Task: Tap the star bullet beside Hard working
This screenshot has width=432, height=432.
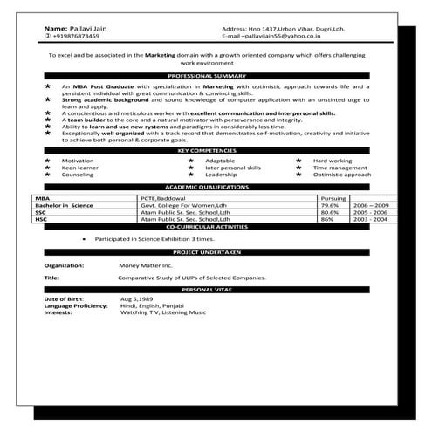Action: [x=299, y=161]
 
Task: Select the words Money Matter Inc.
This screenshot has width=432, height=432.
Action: [x=146, y=264]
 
